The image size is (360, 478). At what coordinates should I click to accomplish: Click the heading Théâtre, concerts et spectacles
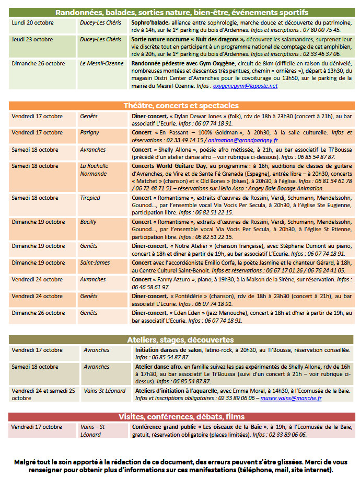click(181, 106)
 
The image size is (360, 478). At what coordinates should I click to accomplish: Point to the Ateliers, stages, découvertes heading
click(181, 340)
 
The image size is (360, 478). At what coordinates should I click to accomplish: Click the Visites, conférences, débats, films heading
click(181, 417)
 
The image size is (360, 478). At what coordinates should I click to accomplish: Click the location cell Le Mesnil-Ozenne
click(101, 63)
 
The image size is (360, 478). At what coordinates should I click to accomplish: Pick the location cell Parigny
click(89, 133)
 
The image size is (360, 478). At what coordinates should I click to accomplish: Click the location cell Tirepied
click(90, 198)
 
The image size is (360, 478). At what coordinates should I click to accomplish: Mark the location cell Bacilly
click(88, 222)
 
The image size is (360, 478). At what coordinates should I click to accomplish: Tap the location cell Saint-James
click(95, 263)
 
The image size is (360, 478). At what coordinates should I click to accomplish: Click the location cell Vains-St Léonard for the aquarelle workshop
click(104, 391)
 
